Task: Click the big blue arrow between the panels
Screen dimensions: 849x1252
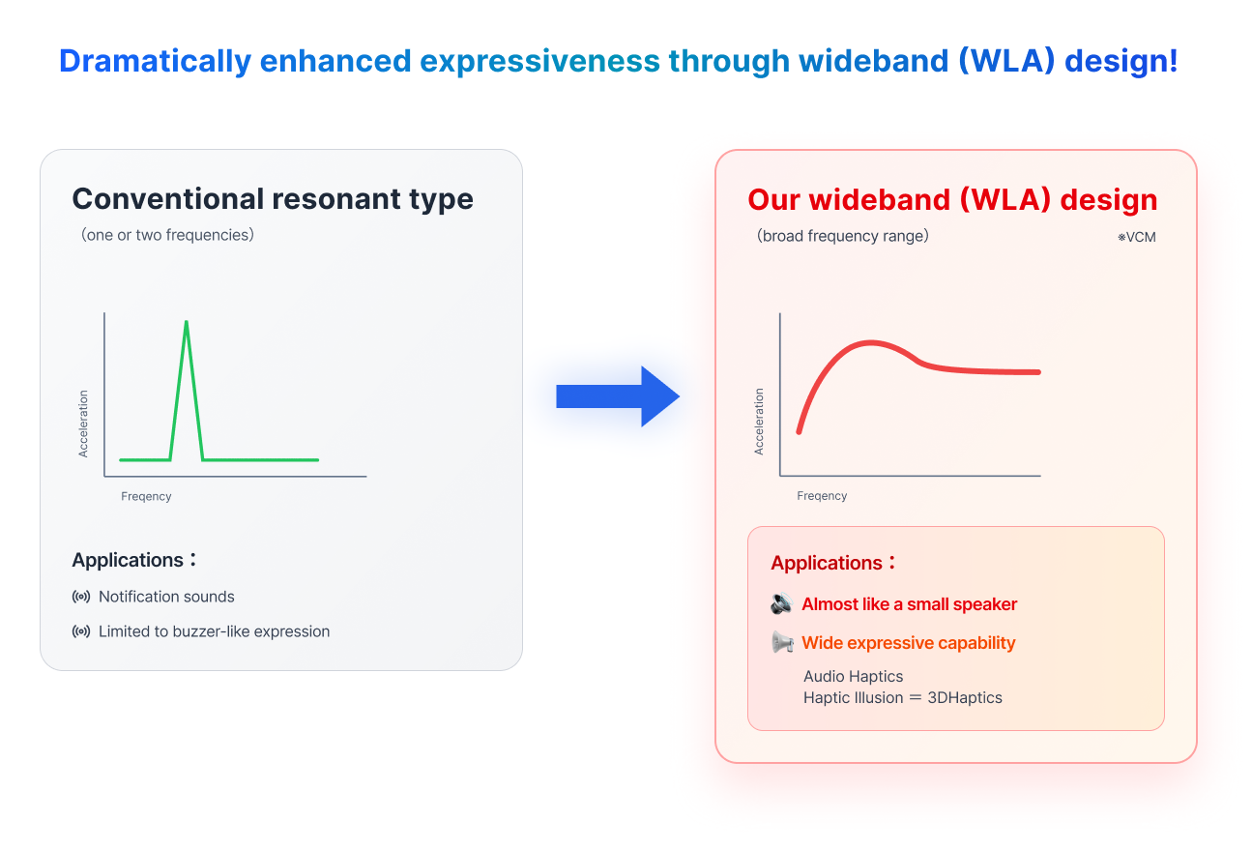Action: pyautogui.click(x=619, y=396)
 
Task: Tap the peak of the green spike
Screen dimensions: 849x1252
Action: pyautogui.click(x=187, y=323)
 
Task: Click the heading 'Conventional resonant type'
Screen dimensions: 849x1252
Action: pyautogui.click(x=273, y=199)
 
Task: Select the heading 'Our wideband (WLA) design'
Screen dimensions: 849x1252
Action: pyautogui.click(x=952, y=200)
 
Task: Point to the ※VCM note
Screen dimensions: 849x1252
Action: pyautogui.click(x=1137, y=237)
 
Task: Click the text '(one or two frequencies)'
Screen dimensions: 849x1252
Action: pyautogui.click(x=167, y=235)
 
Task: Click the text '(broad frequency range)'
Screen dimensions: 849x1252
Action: pyautogui.click(x=842, y=236)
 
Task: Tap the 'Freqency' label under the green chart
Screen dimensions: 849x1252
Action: pyautogui.click(x=146, y=496)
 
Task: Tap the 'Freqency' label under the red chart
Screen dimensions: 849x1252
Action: pyautogui.click(x=822, y=496)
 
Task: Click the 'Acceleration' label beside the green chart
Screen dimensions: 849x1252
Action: pyautogui.click(x=84, y=424)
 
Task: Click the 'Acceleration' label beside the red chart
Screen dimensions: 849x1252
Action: pyautogui.click(x=759, y=422)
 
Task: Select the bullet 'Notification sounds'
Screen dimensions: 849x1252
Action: pyautogui.click(x=166, y=597)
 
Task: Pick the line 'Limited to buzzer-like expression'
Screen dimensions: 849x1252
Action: pyautogui.click(x=214, y=631)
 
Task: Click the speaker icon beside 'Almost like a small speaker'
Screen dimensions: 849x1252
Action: pyautogui.click(x=781, y=604)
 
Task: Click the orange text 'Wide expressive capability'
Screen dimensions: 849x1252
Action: pyautogui.click(x=908, y=643)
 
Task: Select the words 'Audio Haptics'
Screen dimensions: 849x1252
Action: pyautogui.click(x=853, y=677)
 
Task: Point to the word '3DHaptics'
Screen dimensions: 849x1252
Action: pyautogui.click(x=965, y=697)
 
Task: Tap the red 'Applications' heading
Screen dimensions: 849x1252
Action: pyautogui.click(x=827, y=563)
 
